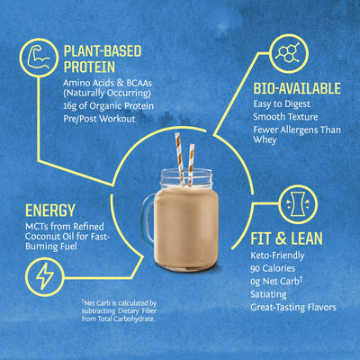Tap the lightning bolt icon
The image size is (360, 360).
pyautogui.click(x=43, y=274)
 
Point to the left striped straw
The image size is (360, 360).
pyautogui.click(x=177, y=152)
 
